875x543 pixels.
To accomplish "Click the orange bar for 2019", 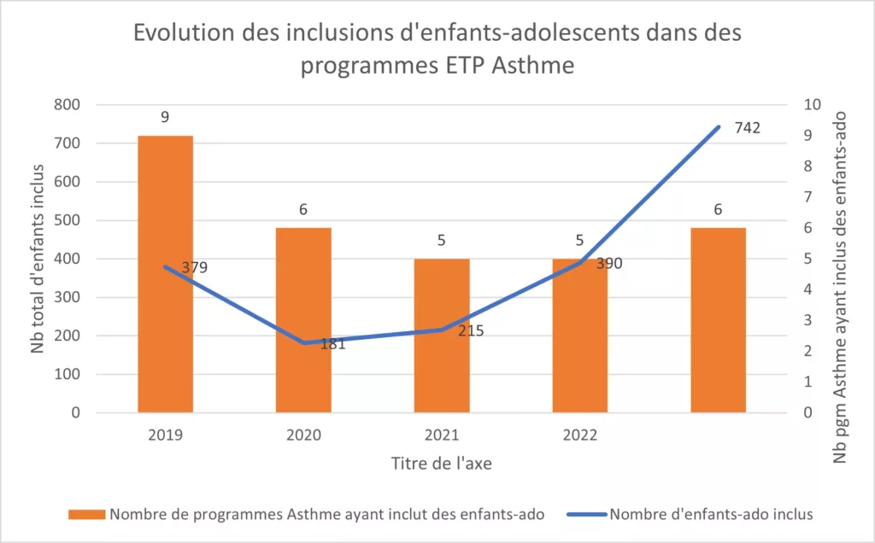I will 165,273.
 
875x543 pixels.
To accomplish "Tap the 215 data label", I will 470,330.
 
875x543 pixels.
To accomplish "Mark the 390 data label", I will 608,264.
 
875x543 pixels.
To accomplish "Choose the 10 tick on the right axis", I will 811,105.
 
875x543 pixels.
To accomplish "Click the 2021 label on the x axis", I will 442,435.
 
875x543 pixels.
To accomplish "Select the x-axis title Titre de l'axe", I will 441,464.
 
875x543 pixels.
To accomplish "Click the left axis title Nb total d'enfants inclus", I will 38,258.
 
